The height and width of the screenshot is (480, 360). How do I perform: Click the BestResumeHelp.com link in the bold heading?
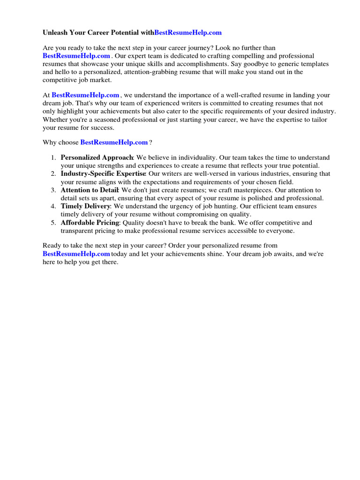(188, 32)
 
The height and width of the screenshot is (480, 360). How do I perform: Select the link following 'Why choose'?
(114, 142)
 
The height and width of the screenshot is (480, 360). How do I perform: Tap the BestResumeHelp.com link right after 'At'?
(85, 95)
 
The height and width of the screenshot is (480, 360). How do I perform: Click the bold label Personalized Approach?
(97, 157)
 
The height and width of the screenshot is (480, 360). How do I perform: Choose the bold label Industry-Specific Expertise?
(103, 173)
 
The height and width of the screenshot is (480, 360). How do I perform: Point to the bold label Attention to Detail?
(90, 190)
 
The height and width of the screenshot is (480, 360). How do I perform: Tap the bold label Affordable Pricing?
(90, 223)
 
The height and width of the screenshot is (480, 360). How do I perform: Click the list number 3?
(53, 190)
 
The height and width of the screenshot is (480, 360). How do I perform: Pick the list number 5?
(53, 223)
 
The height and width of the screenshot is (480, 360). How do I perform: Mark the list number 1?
(53, 157)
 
